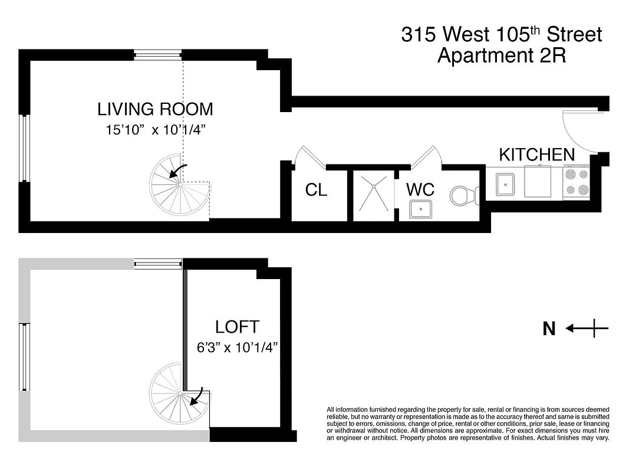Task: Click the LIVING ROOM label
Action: [155, 109]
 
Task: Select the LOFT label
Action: [237, 327]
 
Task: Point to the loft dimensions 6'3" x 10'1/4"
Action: [238, 348]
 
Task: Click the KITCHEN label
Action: [536, 155]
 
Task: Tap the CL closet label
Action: [316, 190]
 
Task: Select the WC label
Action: [420, 190]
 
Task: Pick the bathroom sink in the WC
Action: [421, 209]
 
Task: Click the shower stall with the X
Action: [373, 189]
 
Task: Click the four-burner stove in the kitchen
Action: [577, 182]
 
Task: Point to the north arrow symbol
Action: [587, 329]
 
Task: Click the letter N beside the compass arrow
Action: [549, 329]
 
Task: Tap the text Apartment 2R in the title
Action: [501, 56]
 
